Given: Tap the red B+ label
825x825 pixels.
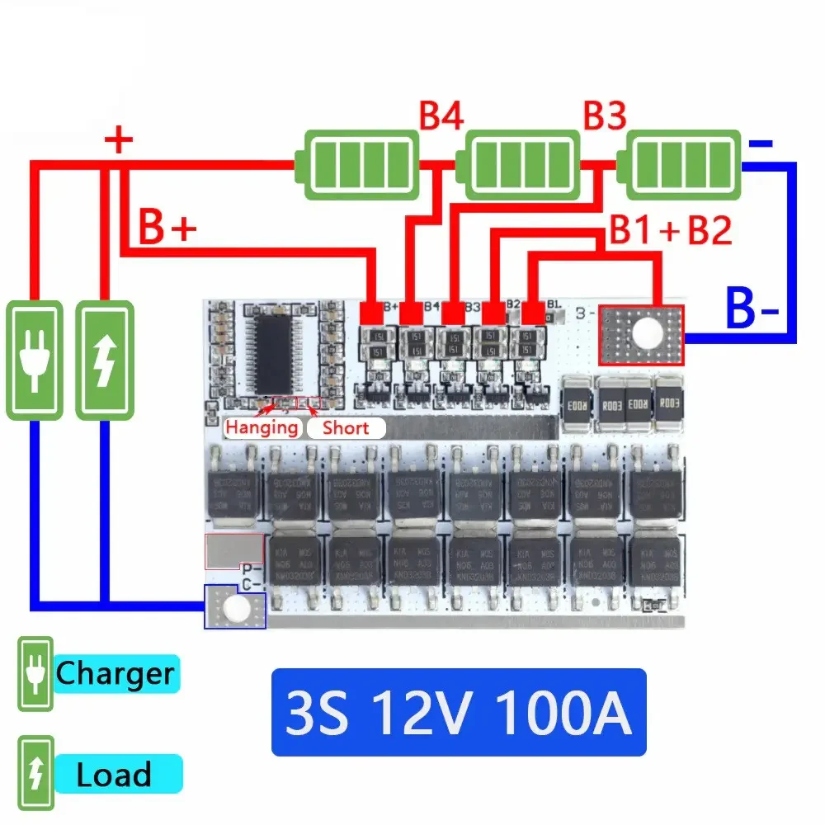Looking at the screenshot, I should click(x=167, y=230).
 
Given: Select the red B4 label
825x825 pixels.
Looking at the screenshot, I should click(x=441, y=116).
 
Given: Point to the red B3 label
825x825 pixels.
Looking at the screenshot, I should click(x=605, y=116).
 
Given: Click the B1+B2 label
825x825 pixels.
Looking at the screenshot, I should click(x=670, y=231).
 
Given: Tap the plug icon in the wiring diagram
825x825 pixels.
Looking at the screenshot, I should click(x=34, y=360).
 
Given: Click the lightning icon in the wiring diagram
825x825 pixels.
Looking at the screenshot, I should click(x=104, y=360).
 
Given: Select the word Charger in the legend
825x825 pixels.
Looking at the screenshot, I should click(x=115, y=674).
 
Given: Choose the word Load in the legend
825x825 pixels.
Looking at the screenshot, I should click(x=114, y=775).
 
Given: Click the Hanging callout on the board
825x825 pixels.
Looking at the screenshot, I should click(x=262, y=427).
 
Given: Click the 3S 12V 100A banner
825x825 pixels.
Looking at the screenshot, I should click(x=459, y=712).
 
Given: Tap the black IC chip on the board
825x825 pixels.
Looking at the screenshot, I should click(x=275, y=351).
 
